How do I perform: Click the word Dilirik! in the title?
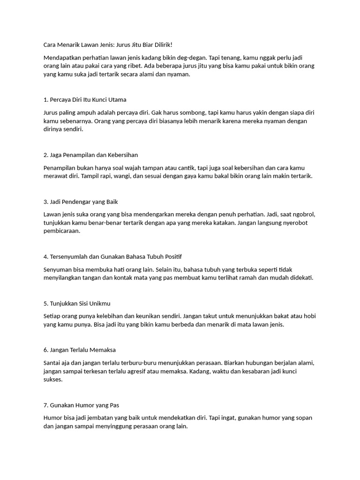(x=160, y=45)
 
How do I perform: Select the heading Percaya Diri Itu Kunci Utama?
(x=84, y=99)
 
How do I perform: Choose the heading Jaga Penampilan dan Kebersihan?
(x=90, y=155)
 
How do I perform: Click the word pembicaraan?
(x=61, y=231)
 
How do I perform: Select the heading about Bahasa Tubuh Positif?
(x=112, y=256)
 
